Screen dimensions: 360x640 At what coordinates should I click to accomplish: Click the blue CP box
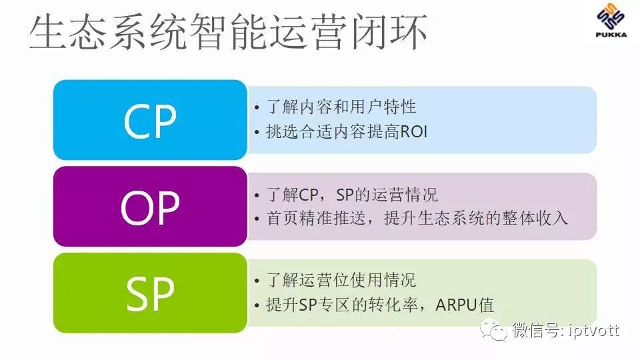[149, 120]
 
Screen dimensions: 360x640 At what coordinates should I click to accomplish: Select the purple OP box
[149, 207]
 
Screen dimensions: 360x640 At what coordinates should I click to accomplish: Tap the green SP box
[149, 293]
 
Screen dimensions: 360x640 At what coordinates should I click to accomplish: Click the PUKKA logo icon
[607, 23]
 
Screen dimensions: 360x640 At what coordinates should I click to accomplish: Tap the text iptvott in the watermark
[593, 330]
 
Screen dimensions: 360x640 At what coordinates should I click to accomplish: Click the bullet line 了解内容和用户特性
[341, 107]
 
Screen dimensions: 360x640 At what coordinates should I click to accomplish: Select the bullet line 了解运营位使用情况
[341, 281]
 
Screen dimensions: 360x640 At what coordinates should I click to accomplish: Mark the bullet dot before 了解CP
[257, 196]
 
